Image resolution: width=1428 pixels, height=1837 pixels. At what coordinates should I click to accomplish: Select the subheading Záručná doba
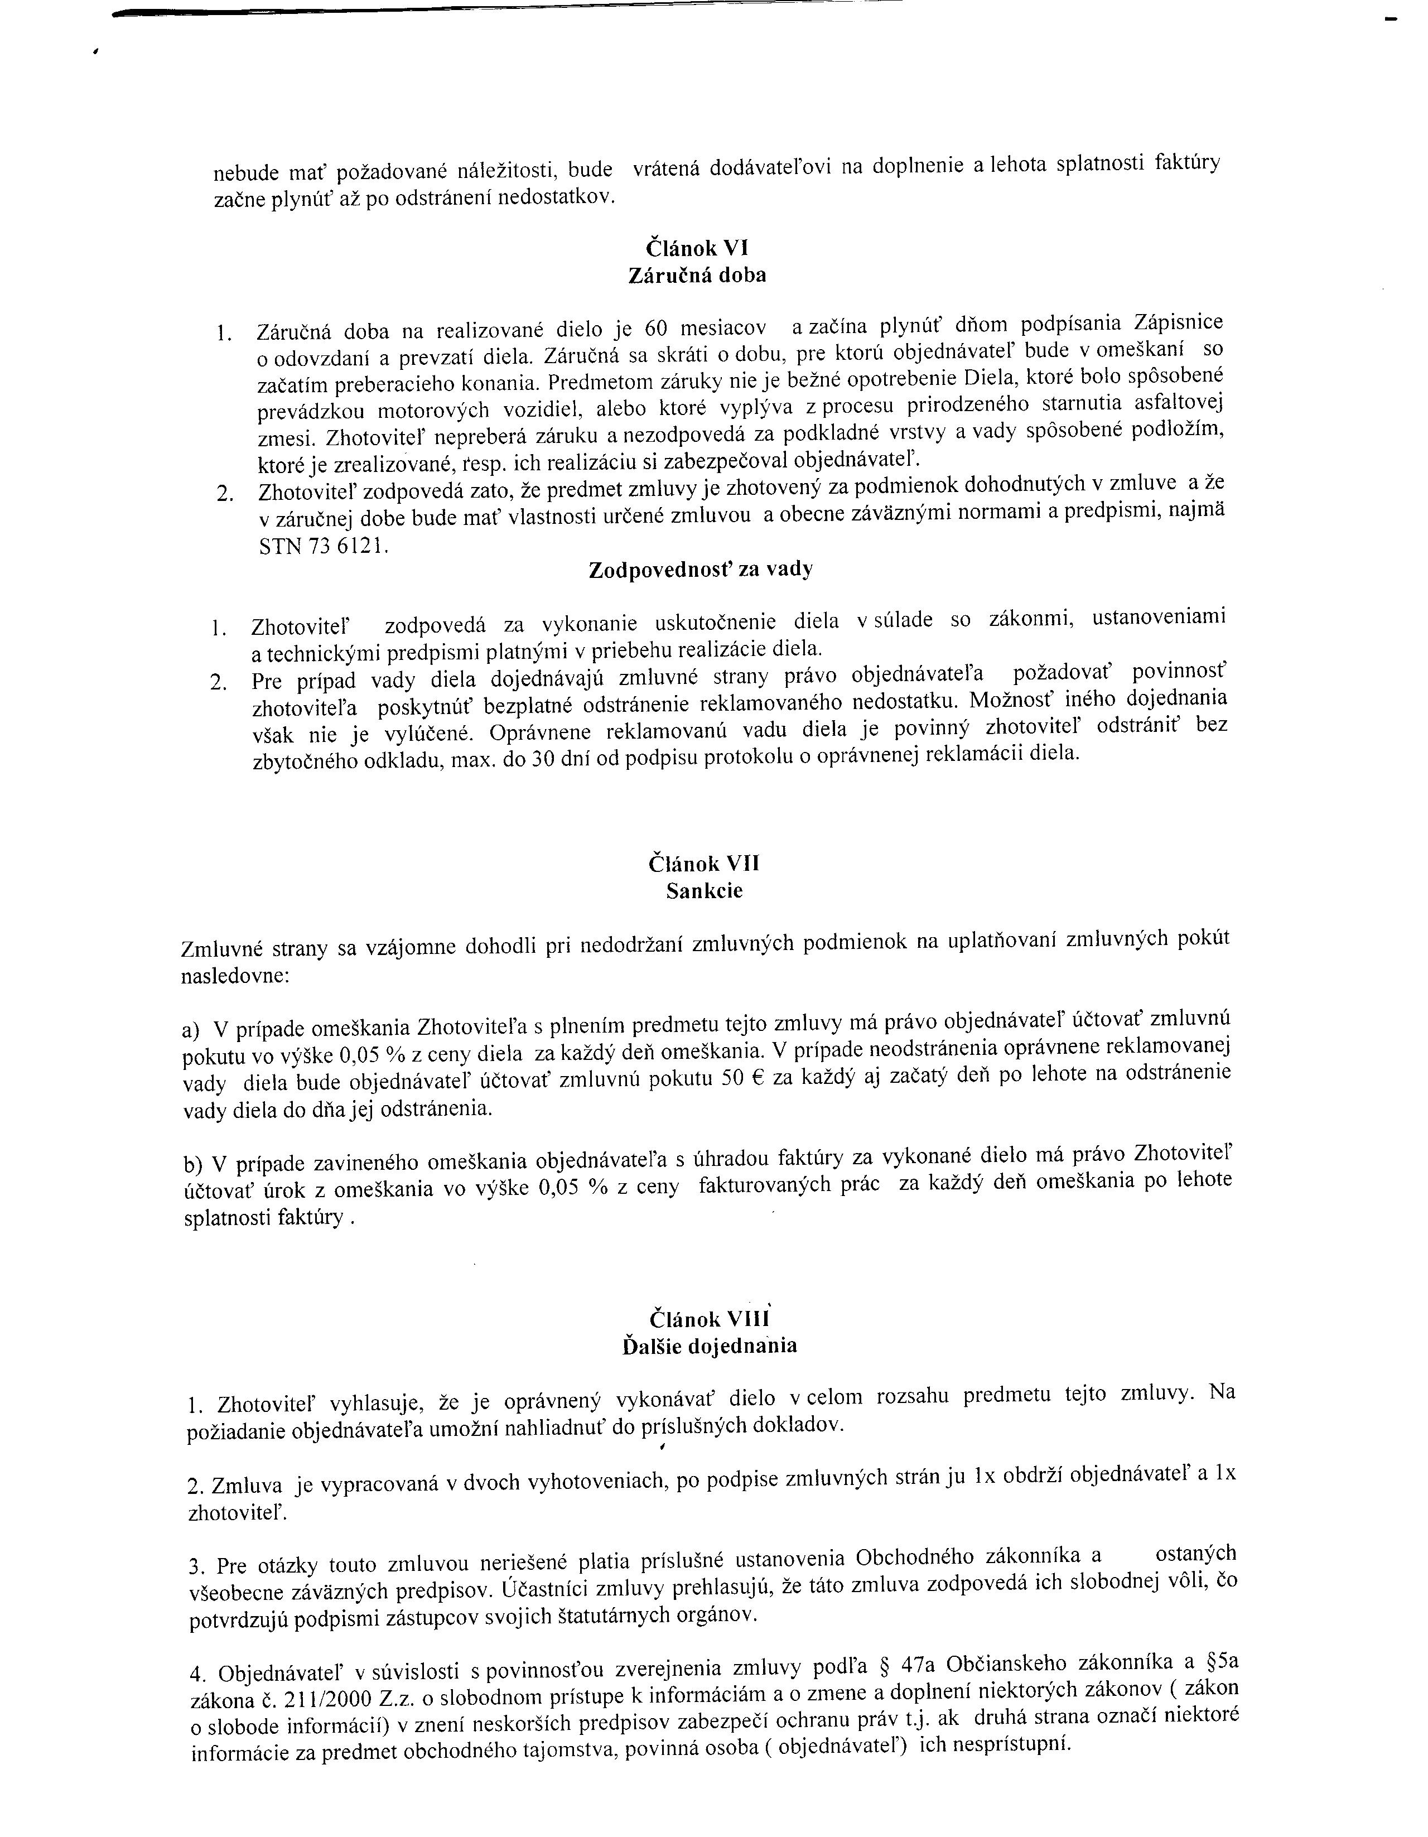(x=697, y=276)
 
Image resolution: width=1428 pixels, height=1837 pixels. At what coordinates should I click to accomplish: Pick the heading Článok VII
(x=705, y=864)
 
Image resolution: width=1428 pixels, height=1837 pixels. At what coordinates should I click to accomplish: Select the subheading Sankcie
(x=705, y=891)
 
